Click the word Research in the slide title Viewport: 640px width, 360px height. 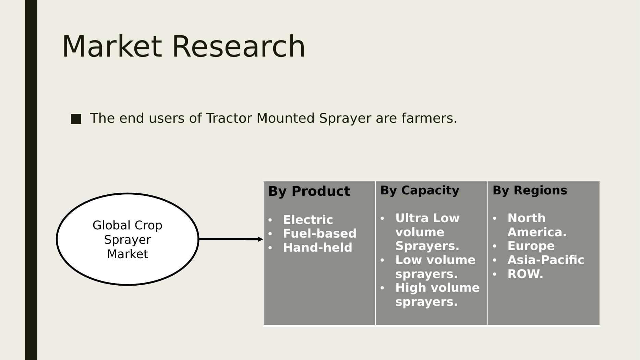click(239, 46)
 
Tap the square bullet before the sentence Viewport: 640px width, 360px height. click(76, 119)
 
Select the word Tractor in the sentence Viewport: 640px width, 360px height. click(229, 118)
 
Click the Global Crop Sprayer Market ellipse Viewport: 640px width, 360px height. click(128, 239)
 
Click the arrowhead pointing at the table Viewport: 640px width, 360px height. click(260, 239)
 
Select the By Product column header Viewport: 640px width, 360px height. click(309, 191)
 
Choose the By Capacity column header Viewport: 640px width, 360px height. click(420, 190)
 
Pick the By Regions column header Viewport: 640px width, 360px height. click(530, 190)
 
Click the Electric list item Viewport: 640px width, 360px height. click(308, 220)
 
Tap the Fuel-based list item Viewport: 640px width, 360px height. click(320, 233)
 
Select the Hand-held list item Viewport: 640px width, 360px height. click(318, 248)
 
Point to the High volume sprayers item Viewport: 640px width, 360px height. click(437, 295)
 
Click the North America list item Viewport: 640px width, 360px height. click(537, 225)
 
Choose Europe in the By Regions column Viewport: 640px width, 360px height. click(531, 246)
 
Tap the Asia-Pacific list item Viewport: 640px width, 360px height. click(546, 260)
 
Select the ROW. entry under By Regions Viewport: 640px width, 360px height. click(525, 274)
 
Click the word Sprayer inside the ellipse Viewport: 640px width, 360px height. click(128, 240)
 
